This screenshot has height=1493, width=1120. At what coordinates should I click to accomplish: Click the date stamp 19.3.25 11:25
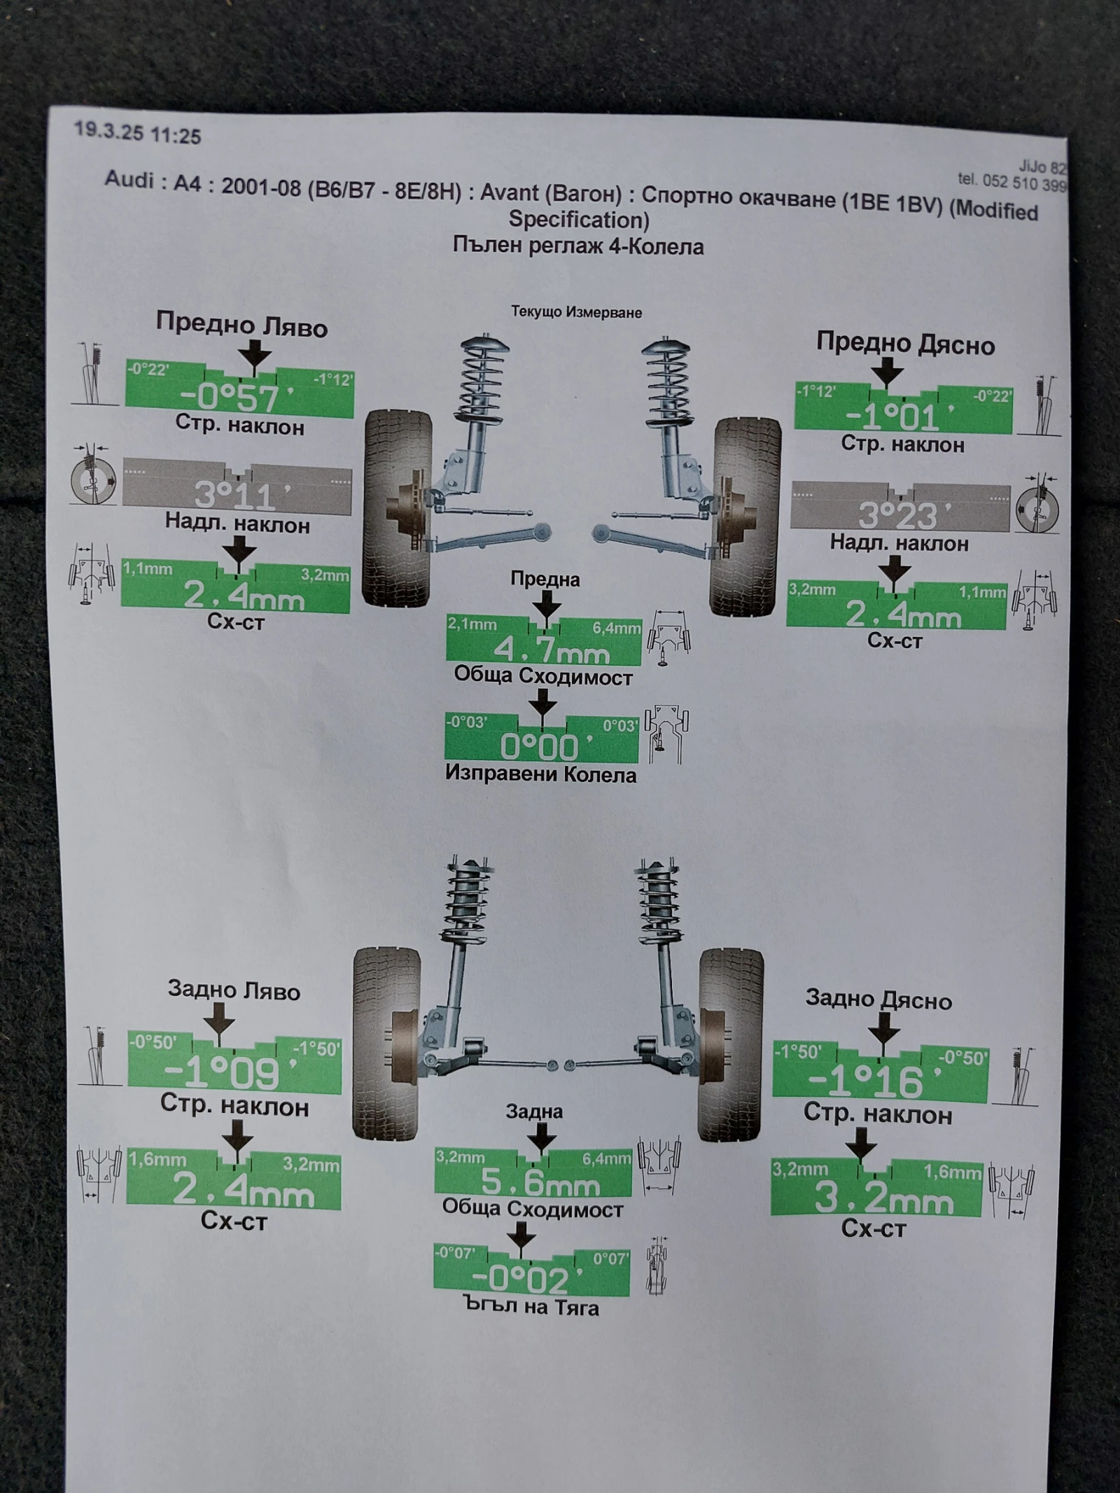pos(137,132)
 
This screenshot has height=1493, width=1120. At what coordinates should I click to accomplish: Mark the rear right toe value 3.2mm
pos(882,1200)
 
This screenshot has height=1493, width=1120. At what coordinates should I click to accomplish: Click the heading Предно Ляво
pos(241,325)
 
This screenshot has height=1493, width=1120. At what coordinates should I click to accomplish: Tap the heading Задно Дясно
pos(878,999)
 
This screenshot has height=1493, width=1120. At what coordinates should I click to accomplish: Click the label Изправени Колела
pos(540,774)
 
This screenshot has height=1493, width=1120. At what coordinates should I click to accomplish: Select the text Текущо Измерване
pos(576,312)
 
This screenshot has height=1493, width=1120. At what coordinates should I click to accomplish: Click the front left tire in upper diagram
pos(395,507)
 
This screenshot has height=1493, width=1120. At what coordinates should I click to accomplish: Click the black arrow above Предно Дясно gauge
pos(888,371)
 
